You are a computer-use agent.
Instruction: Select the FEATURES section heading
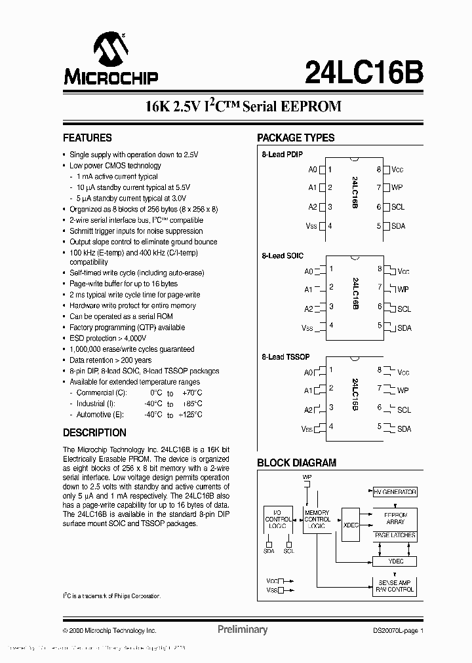(x=87, y=138)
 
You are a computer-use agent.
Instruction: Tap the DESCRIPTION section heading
(x=94, y=433)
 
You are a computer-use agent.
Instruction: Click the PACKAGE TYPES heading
(x=296, y=138)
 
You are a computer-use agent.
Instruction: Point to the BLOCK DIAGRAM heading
(x=296, y=463)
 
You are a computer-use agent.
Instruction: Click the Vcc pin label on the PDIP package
(x=398, y=170)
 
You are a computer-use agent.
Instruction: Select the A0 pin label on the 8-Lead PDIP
(x=313, y=170)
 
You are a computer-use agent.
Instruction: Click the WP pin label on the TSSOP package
(x=403, y=390)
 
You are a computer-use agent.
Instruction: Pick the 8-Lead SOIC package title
(x=283, y=256)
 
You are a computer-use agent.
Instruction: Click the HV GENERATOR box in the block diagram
(x=395, y=491)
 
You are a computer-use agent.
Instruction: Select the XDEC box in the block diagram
(x=351, y=525)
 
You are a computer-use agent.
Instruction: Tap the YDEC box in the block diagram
(x=395, y=561)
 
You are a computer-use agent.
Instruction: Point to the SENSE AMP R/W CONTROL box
(x=395, y=586)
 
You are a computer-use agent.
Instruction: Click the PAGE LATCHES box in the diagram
(x=395, y=536)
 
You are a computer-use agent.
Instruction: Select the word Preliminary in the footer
(x=243, y=630)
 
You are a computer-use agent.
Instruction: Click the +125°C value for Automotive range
(x=190, y=415)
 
